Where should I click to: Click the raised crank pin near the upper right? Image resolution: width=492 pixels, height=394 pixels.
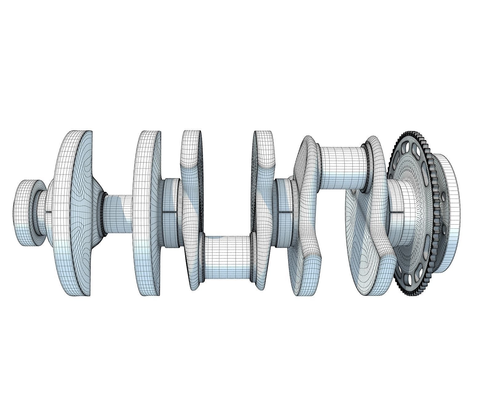(341, 168)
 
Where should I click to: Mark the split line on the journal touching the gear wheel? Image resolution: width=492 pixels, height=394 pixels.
(397, 212)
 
